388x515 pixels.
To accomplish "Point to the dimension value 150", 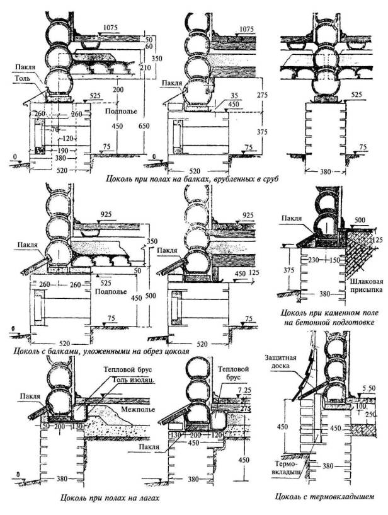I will [x=333, y=260].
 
